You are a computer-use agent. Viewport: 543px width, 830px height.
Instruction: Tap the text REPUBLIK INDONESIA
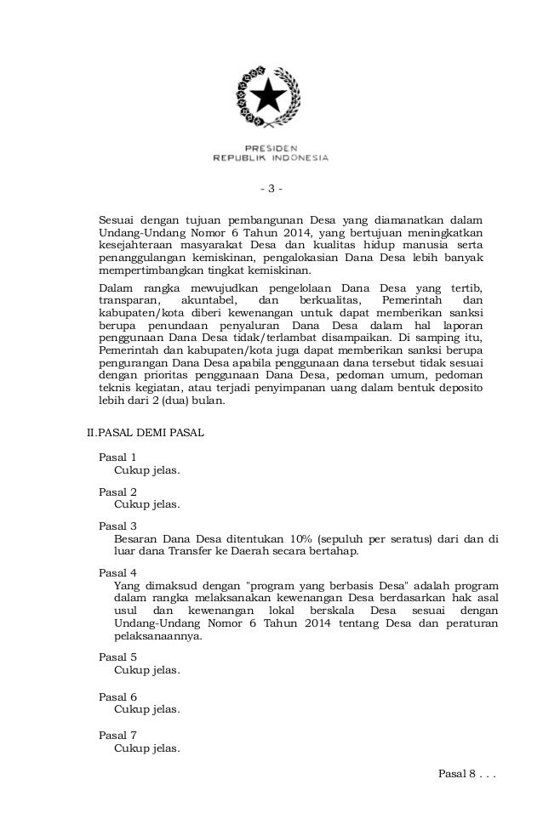pos(270,157)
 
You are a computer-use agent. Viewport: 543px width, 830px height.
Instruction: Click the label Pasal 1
pos(117,457)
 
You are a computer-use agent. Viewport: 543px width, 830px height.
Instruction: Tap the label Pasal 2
pos(117,492)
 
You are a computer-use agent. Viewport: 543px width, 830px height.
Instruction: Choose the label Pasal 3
pos(117,526)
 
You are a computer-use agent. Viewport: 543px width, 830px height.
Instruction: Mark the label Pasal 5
pos(117,657)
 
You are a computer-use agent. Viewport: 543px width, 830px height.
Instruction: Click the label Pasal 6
pos(117,696)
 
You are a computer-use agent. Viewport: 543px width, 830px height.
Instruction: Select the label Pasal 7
pos(117,735)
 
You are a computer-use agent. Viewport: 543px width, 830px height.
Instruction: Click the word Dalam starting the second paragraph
pos(115,287)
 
